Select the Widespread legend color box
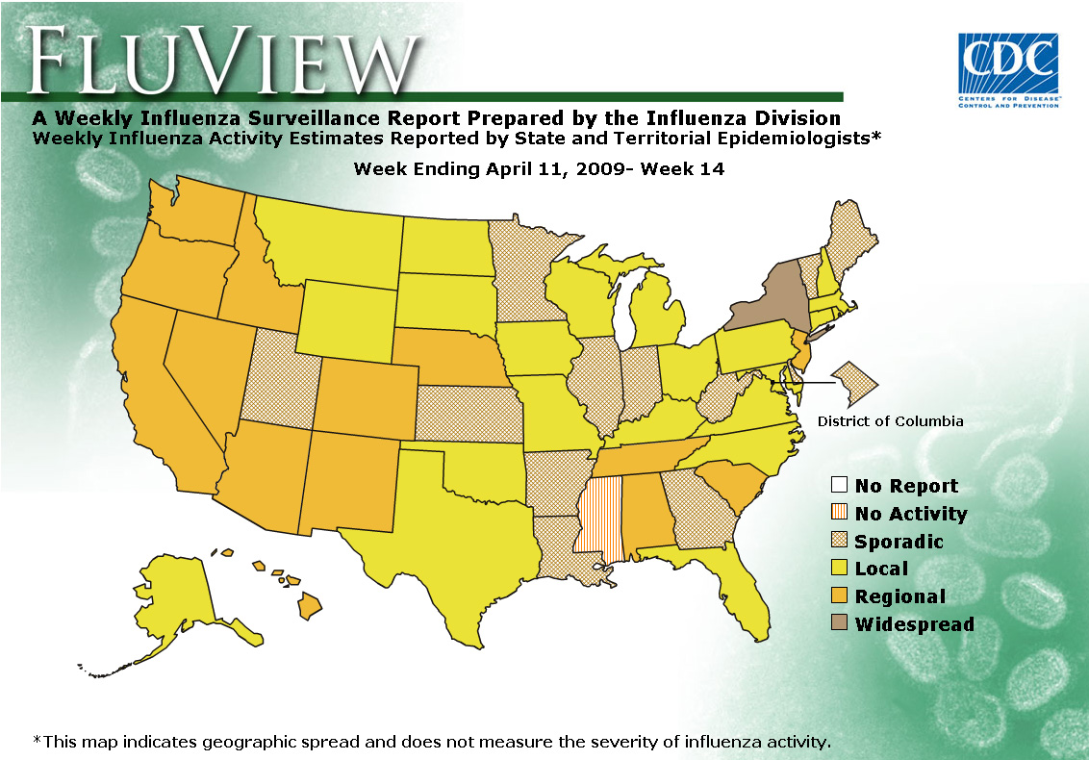pyautogui.click(x=839, y=623)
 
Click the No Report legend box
pyautogui.click(x=839, y=486)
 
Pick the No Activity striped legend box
pyautogui.click(x=839, y=514)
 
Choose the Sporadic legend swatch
pyautogui.click(x=839, y=542)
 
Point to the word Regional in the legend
pyautogui.click(x=899, y=596)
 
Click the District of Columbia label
pyautogui.click(x=890, y=421)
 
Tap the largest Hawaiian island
pyautogui.click(x=310, y=606)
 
